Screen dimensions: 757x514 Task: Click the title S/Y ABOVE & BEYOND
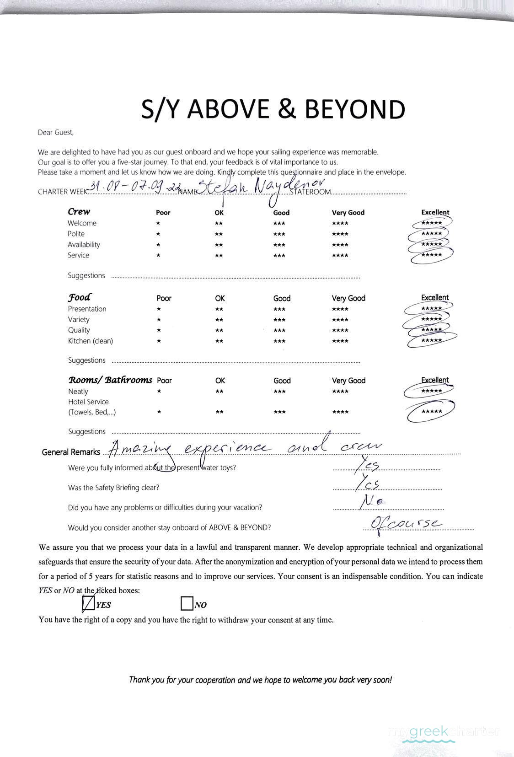pyautogui.click(x=273, y=109)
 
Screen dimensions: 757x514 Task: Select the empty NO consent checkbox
pyautogui.click(x=187, y=604)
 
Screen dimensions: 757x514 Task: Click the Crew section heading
pyautogui.click(x=79, y=211)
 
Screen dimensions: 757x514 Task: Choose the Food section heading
pyautogui.click(x=80, y=297)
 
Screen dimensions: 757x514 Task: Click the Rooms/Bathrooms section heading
pyautogui.click(x=110, y=380)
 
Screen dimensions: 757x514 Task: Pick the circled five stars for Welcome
pyautogui.click(x=431, y=223)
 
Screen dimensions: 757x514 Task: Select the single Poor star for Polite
pyautogui.click(x=158, y=234)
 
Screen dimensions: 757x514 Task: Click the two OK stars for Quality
pyautogui.click(x=219, y=330)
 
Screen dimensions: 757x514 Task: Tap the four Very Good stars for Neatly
pyautogui.click(x=340, y=392)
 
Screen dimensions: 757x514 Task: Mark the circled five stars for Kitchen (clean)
pyautogui.click(x=431, y=341)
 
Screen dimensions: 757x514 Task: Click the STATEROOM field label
pyautogui.click(x=310, y=192)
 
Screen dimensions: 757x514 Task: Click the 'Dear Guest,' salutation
pyautogui.click(x=55, y=133)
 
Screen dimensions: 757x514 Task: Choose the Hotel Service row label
pyautogui.click(x=88, y=402)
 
